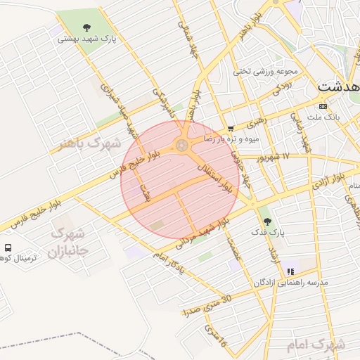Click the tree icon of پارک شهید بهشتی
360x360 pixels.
point(86,27)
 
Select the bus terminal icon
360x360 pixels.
point(8,247)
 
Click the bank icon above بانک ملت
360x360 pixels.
point(323,106)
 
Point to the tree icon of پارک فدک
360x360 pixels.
point(266,221)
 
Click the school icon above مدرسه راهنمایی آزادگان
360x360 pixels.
point(290,271)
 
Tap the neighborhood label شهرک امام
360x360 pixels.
point(316,346)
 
